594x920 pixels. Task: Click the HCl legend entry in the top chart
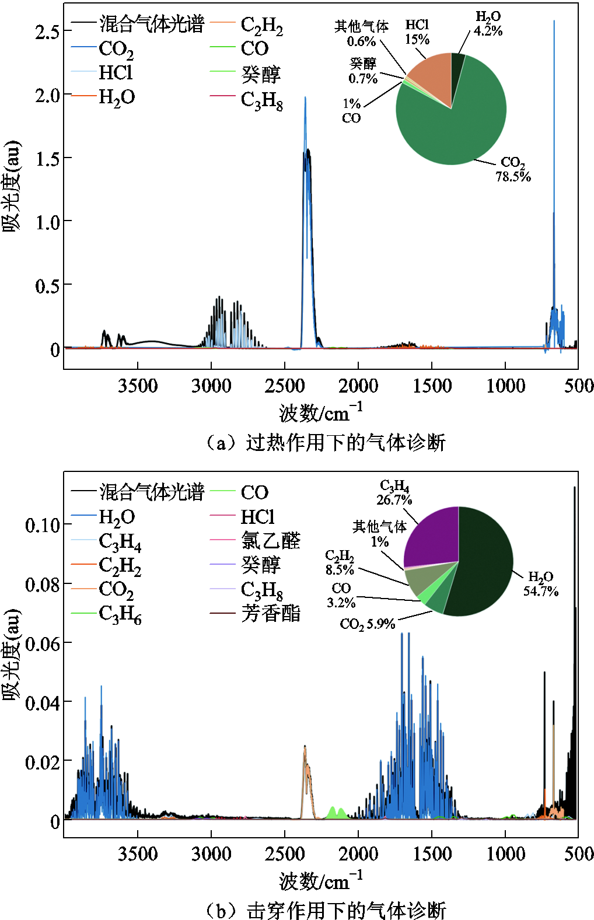[x=115, y=72]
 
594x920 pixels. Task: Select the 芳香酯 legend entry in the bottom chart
[x=270, y=613]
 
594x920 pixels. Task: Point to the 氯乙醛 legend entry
[x=270, y=541]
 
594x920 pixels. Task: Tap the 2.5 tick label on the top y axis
[x=47, y=32]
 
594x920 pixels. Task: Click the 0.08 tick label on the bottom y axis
[x=43, y=585]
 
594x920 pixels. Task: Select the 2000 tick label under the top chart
[x=358, y=386]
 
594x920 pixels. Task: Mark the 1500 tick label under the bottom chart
[x=432, y=854]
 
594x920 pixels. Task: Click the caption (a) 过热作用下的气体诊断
[x=326, y=443]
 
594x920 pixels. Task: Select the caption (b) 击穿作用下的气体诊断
[x=326, y=910]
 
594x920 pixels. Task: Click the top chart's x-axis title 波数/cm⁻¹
[x=320, y=412]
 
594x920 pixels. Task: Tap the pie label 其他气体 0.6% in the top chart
[x=361, y=34]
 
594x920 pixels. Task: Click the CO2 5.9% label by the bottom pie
[x=368, y=624]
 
